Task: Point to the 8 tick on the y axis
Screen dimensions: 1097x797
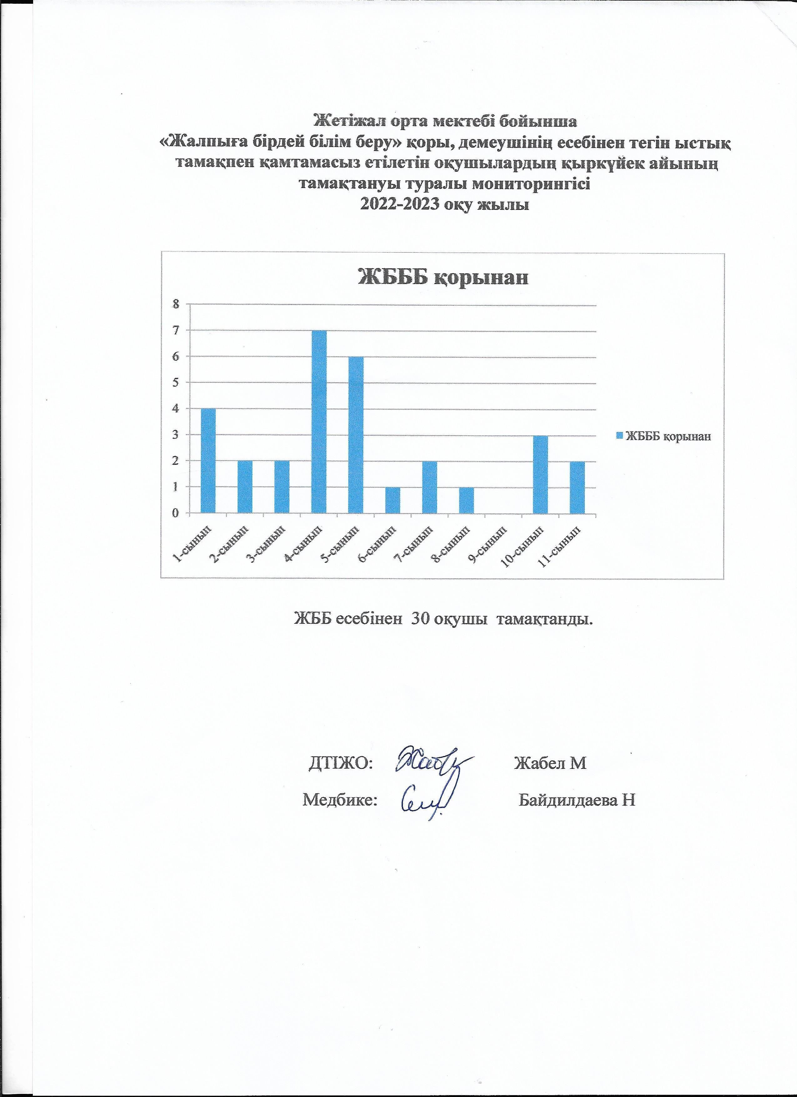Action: pyautogui.click(x=176, y=304)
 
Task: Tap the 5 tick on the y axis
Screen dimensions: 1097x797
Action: pyautogui.click(x=176, y=382)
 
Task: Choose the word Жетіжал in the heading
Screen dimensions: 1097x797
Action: pyautogui.click(x=343, y=119)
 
